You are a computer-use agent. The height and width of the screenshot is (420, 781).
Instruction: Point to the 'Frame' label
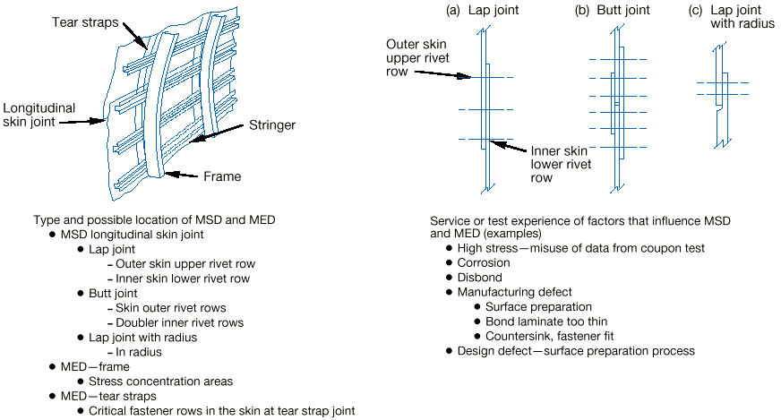(x=221, y=176)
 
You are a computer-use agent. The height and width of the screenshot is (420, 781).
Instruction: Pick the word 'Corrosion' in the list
(x=484, y=263)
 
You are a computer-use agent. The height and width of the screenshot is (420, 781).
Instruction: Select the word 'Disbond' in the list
(x=481, y=278)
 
